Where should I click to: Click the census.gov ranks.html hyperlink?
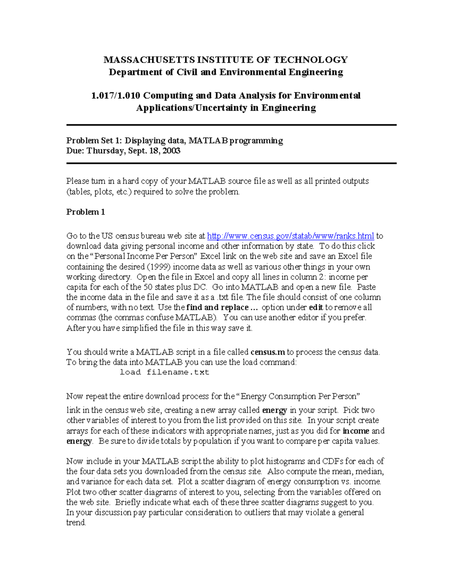click(x=290, y=236)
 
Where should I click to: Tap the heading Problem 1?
click(x=86, y=212)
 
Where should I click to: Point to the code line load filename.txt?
click(x=164, y=372)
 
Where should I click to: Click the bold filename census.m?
click(x=268, y=352)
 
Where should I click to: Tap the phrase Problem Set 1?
click(x=94, y=141)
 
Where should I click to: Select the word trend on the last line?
click(x=76, y=523)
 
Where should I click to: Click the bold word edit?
click(x=316, y=308)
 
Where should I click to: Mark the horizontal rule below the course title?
click(x=231, y=125)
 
